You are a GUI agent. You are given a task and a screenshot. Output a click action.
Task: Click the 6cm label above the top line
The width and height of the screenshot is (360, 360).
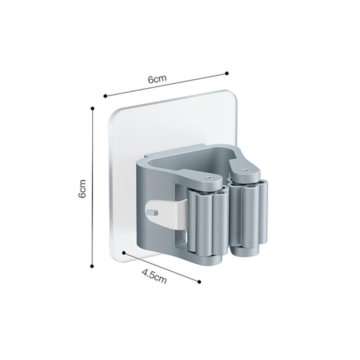coord(157,79)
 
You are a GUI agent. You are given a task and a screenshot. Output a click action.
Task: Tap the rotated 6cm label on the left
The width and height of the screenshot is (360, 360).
coord(82,189)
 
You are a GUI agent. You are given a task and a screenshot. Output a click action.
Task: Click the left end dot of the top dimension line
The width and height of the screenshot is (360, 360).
coord(105,96)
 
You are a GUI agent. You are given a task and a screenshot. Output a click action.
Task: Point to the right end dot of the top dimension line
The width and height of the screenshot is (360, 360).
coord(227,73)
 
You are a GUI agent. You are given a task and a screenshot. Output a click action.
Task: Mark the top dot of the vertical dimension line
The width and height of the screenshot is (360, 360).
coord(93,108)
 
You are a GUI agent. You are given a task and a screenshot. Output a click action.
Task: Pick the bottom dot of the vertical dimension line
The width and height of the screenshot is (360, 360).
coord(92,266)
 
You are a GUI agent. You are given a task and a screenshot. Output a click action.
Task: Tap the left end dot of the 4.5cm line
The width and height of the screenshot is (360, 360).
coord(124,253)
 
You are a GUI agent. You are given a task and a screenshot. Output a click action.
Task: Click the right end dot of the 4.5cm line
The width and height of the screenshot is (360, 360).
coord(199,282)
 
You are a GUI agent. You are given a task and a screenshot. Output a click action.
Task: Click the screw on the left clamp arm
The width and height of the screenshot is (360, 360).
coord(209,178)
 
